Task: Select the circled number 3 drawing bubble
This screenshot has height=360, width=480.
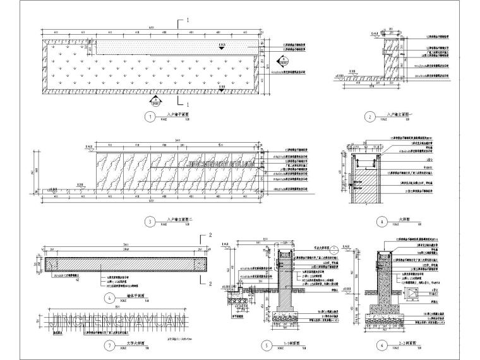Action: tap(149, 222)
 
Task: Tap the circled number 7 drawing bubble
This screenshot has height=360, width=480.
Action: tap(111, 345)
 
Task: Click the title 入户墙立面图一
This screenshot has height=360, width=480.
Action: tap(397, 116)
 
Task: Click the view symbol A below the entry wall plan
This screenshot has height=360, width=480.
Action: tap(154, 100)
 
